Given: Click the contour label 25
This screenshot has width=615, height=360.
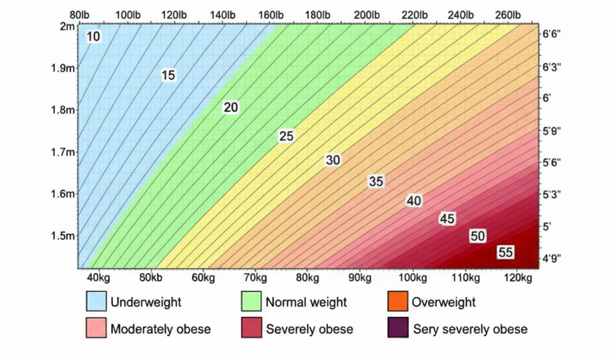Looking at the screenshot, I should click(286, 136).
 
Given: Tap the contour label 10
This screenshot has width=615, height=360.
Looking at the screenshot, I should click(93, 37).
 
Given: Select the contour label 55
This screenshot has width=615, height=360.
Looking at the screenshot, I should click(506, 252).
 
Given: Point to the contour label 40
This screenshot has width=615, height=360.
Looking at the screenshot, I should click(414, 201).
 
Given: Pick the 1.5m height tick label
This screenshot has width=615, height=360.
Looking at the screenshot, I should click(62, 236).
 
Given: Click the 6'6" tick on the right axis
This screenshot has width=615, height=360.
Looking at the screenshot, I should click(552, 35).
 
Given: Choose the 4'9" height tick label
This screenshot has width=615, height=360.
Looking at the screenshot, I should click(552, 257).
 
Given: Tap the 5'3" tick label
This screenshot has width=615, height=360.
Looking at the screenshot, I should click(552, 194).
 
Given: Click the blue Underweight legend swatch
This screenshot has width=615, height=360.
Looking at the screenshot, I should click(96, 302).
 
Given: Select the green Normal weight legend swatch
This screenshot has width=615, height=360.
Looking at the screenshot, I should click(251, 302).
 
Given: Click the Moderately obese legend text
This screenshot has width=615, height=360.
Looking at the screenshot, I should click(161, 329).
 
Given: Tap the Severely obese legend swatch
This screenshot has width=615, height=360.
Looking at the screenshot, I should click(251, 329).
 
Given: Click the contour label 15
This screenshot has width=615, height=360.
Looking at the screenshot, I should click(168, 76).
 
